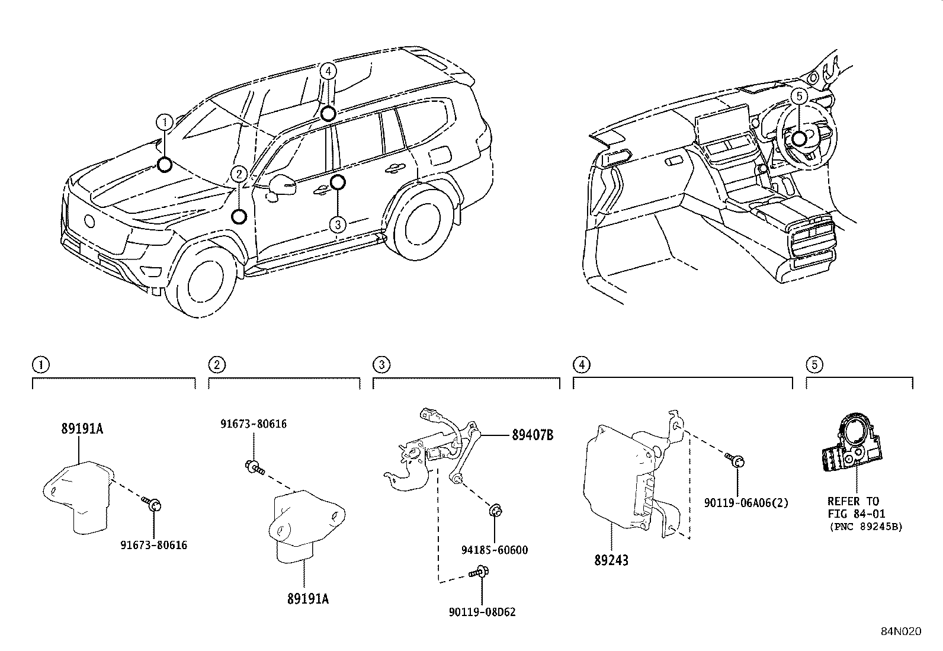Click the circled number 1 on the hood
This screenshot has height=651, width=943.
tap(164, 123)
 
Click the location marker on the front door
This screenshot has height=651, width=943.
tap(337, 182)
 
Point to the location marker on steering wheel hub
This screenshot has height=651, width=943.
tap(798, 139)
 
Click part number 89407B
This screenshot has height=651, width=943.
tap(532, 435)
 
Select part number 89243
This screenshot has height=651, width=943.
tap(611, 560)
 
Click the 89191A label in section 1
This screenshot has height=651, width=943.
tap(82, 428)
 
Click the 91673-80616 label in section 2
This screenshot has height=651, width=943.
tap(254, 424)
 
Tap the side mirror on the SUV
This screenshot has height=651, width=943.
tap(284, 185)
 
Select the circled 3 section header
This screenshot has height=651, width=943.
tap(381, 364)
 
